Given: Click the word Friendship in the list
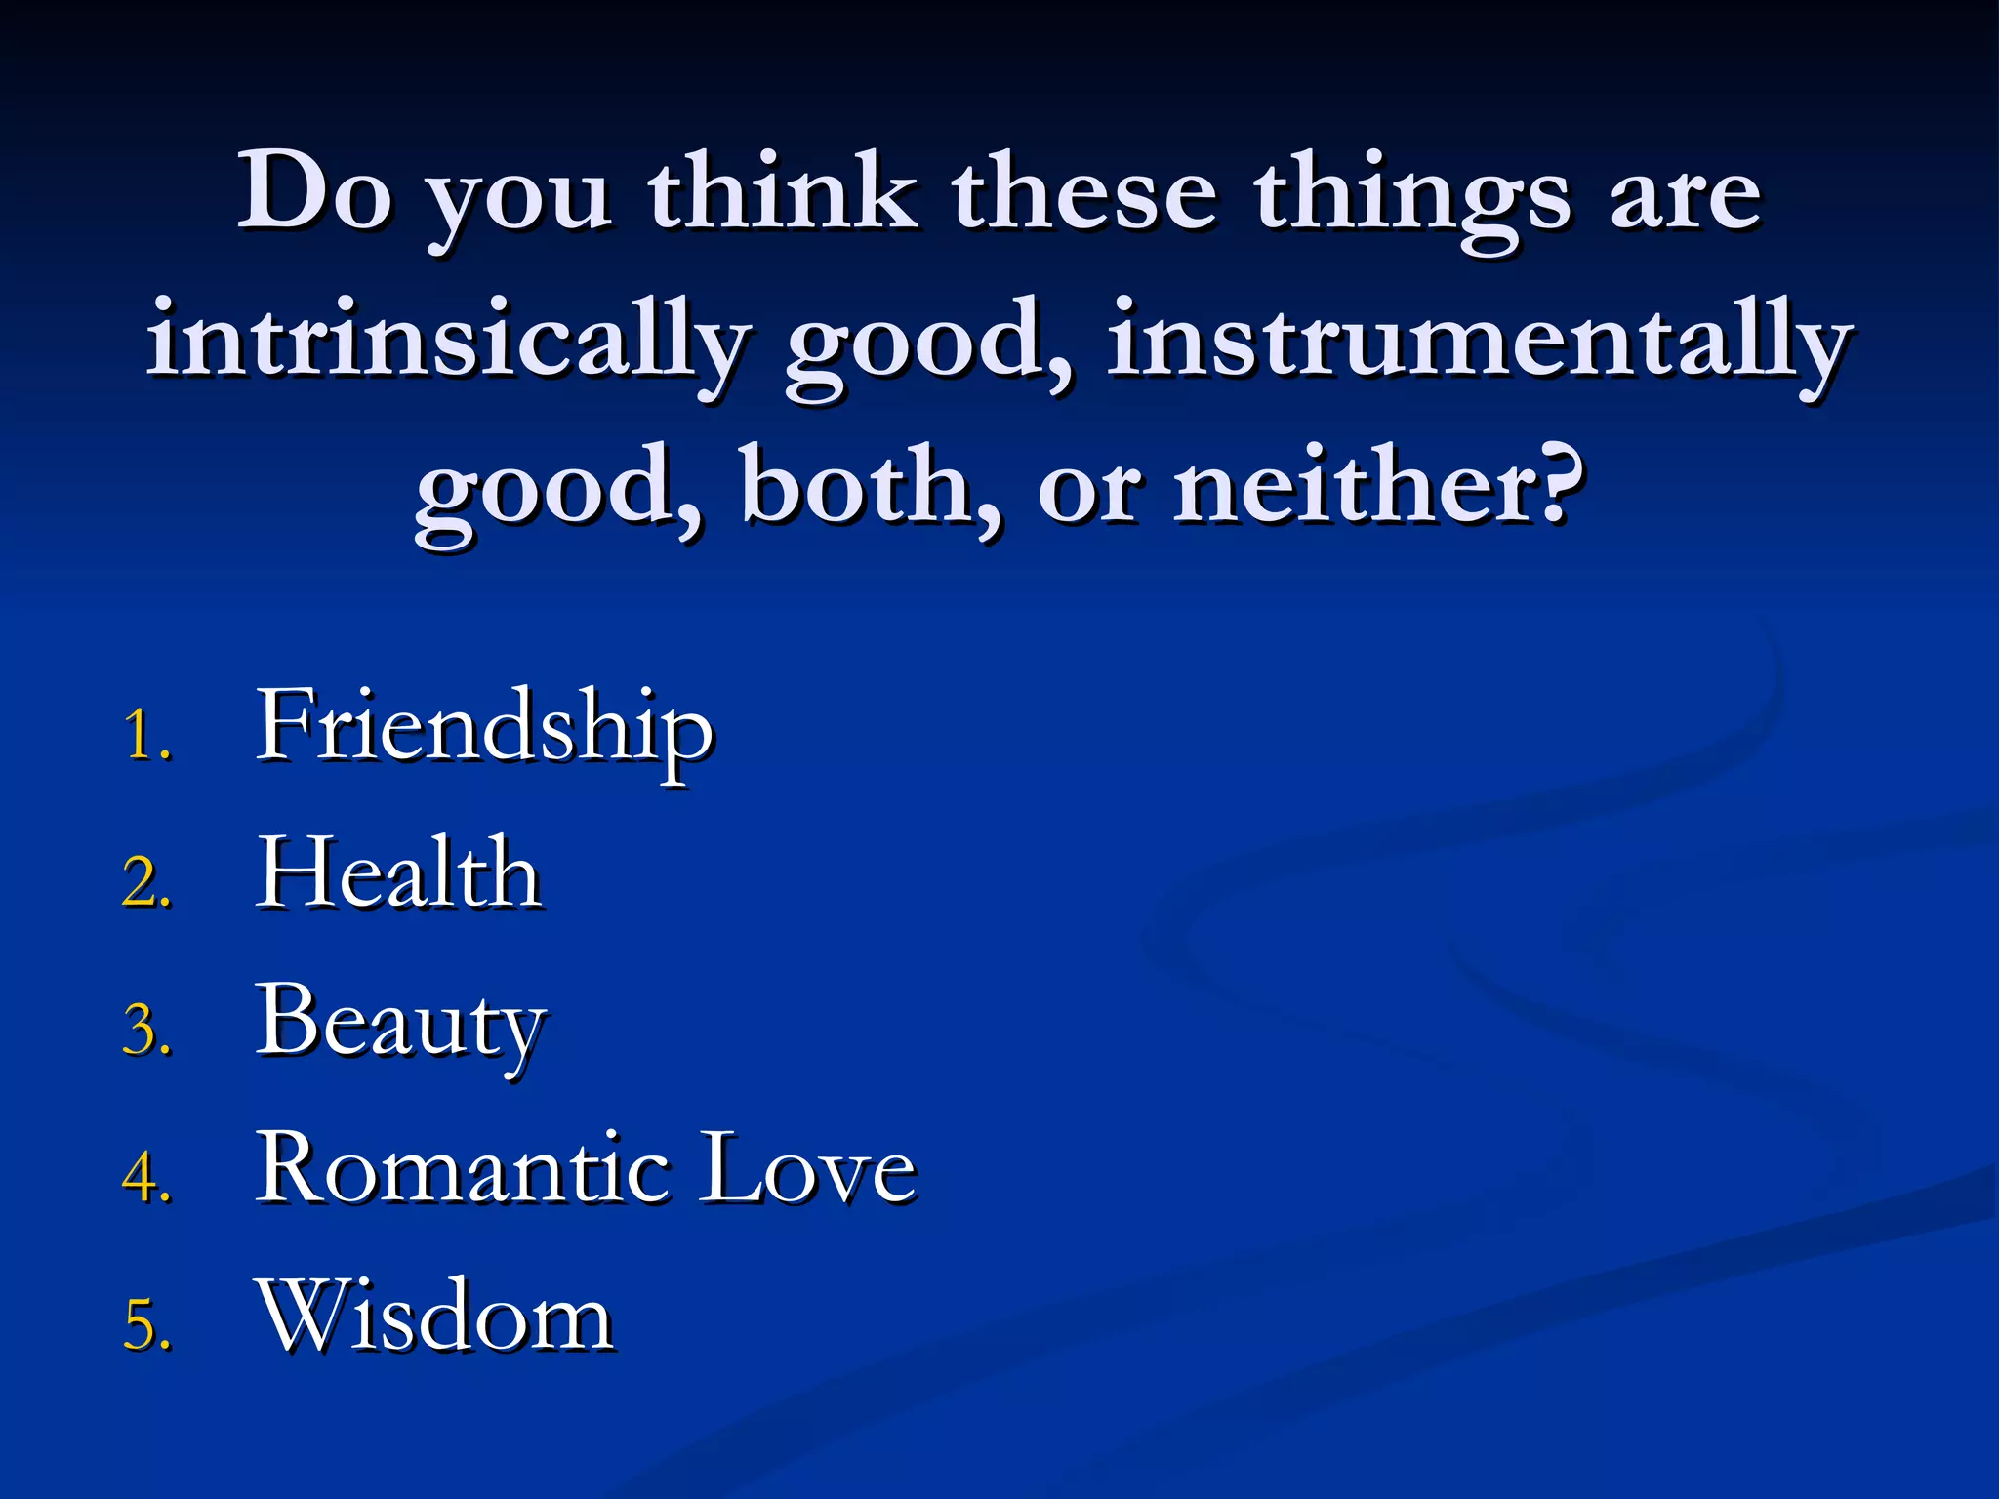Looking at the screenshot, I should [484, 728].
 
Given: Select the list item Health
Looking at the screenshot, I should [398, 874].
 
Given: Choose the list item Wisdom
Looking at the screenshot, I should [435, 1317].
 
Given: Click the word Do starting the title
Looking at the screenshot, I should [314, 191].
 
